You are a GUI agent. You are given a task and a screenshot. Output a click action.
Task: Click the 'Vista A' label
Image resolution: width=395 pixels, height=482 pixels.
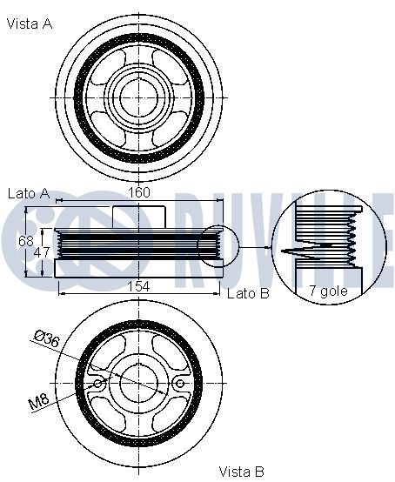[30, 23]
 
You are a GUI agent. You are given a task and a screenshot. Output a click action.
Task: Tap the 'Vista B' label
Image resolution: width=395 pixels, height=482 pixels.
[241, 472]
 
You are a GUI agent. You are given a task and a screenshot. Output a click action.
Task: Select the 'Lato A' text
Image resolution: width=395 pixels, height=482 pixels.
[29, 193]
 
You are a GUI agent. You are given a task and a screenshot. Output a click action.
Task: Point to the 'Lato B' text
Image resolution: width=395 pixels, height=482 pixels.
[248, 293]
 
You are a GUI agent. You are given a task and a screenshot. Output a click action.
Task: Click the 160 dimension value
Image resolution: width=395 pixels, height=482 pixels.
[139, 192]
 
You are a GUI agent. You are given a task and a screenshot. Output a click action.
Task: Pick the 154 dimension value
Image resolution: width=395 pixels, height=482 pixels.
[138, 286]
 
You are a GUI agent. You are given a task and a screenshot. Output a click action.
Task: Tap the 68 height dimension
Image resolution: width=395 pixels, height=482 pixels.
[25, 241]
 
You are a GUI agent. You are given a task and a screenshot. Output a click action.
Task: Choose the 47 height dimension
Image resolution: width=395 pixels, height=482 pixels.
[42, 252]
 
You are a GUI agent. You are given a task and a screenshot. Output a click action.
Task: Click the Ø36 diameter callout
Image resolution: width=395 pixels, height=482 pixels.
[47, 338]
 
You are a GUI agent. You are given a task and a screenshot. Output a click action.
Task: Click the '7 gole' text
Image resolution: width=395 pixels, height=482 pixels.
[328, 291]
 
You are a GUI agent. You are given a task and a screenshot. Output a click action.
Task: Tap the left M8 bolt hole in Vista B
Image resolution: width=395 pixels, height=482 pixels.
[98, 384]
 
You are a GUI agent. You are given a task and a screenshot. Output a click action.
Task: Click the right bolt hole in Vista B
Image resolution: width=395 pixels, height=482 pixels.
[180, 384]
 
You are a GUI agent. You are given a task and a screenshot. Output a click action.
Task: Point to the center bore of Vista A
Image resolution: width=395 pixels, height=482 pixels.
[139, 97]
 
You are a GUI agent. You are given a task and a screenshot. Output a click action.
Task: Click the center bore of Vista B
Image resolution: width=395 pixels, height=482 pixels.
[139, 383]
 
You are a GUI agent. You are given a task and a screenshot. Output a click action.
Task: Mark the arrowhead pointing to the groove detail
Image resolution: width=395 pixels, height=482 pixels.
[268, 247]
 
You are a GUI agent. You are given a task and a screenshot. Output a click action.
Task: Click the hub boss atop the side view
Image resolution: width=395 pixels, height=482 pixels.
[139, 217]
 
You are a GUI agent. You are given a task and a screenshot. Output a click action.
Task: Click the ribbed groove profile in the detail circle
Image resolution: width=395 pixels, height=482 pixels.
[351, 239]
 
